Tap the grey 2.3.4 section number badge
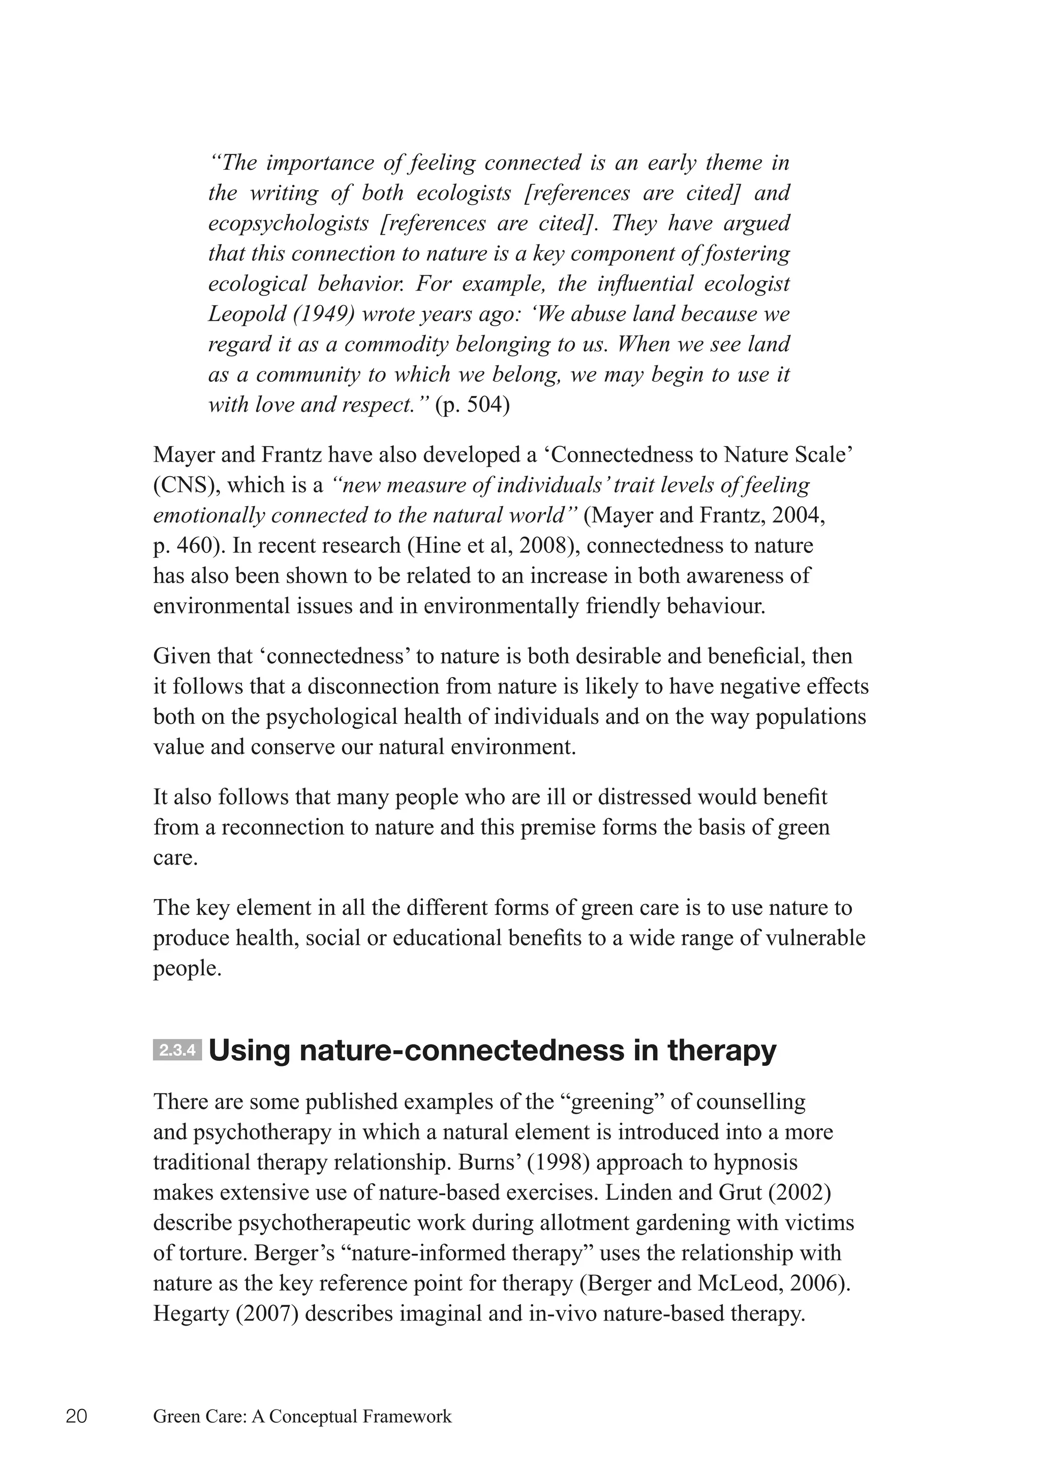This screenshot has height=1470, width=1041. point(177,1051)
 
